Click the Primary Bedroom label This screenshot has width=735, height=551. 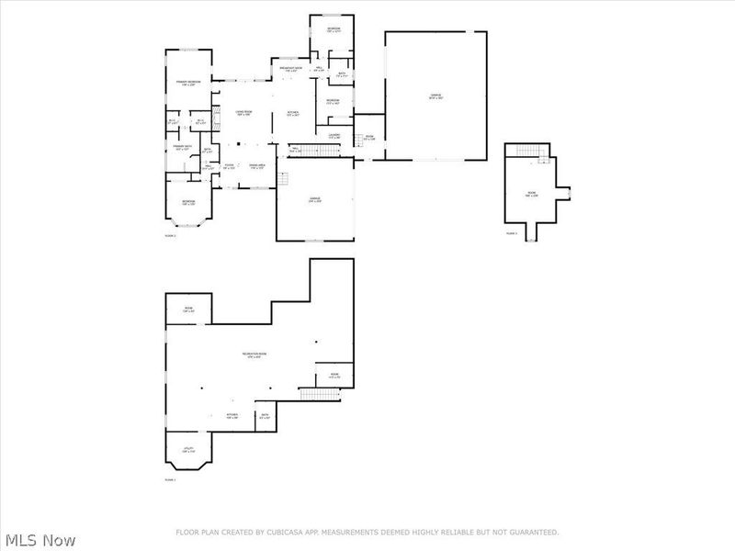(188, 84)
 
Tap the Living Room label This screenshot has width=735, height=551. (243, 113)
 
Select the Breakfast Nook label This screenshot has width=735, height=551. (292, 70)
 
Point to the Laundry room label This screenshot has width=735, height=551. (334, 137)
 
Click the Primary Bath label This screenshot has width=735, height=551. (182, 148)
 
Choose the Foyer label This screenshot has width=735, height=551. (229, 167)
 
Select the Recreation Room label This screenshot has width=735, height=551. (254, 355)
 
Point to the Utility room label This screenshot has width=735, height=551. (187, 451)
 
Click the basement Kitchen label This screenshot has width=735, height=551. (232, 416)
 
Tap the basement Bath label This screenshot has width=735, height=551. (265, 416)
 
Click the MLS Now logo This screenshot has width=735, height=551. (39, 540)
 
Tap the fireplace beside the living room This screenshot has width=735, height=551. (217, 116)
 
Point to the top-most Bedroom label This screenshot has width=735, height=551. (334, 30)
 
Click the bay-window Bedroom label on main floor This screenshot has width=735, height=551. (188, 202)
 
